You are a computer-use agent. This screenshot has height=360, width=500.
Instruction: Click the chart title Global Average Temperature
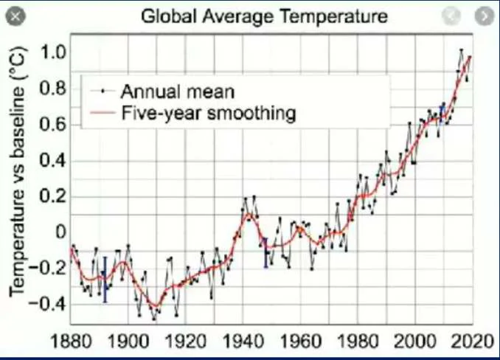pyautogui.click(x=264, y=16)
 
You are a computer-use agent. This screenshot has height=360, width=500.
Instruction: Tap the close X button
pyautogui.click(x=15, y=16)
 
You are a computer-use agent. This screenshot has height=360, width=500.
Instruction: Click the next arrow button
pyautogui.click(x=485, y=15)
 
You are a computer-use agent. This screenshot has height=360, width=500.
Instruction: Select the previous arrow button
pyautogui.click(x=451, y=15)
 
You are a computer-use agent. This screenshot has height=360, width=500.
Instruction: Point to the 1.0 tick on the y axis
pyautogui.click(x=53, y=52)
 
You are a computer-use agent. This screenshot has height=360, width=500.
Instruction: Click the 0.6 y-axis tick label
pyautogui.click(x=53, y=124)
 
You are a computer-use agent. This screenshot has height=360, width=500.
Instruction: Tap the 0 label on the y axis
pyautogui.click(x=60, y=232)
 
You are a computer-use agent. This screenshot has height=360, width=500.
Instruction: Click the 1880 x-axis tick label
pyautogui.click(x=71, y=341)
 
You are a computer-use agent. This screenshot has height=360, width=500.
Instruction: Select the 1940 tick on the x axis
pyautogui.click(x=243, y=341)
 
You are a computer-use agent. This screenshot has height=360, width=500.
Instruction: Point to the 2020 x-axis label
pyautogui.click(x=473, y=341)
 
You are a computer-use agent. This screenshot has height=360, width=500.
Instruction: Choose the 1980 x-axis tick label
pyautogui.click(x=358, y=341)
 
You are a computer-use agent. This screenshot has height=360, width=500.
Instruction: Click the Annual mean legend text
pyautogui.click(x=178, y=91)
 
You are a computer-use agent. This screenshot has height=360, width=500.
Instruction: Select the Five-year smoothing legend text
pyautogui.click(x=209, y=114)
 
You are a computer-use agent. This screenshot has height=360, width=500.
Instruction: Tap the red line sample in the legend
pyautogui.click(x=102, y=112)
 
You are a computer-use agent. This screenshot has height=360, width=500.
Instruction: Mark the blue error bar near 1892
pyautogui.click(x=105, y=280)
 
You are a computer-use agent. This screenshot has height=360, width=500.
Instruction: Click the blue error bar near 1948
pyautogui.click(x=265, y=253)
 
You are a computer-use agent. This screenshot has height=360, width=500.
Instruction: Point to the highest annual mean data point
pyautogui.click(x=461, y=50)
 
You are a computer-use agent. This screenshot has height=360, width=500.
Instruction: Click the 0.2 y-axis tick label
pyautogui.click(x=53, y=196)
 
